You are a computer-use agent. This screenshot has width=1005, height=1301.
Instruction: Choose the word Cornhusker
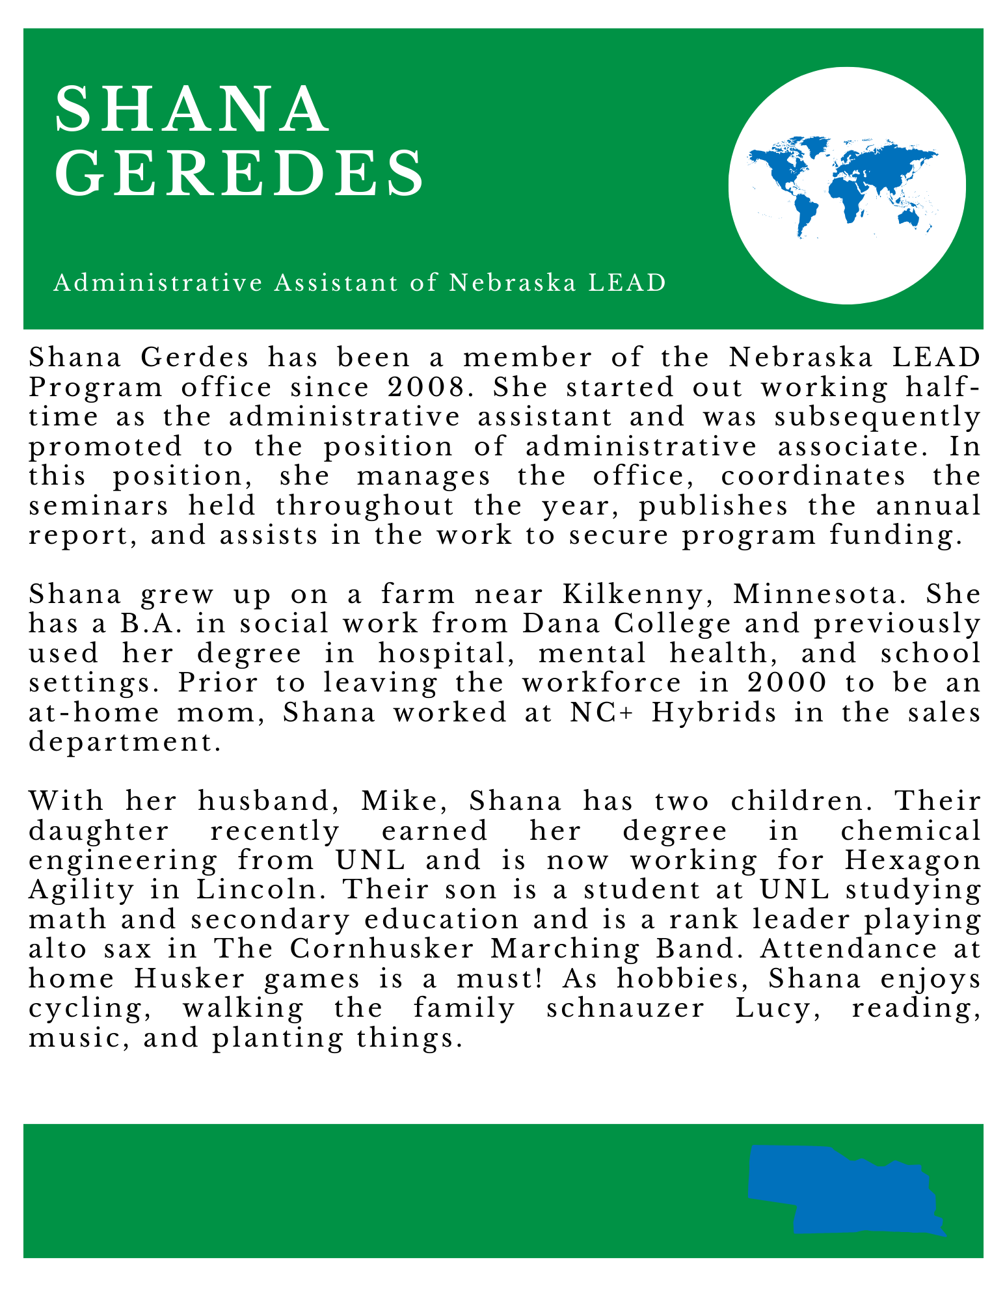(382, 949)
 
